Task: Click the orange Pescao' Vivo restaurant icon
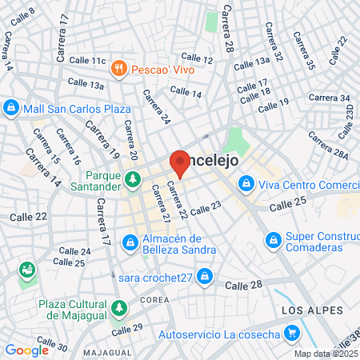[119, 68]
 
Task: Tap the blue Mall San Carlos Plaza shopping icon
[11, 107]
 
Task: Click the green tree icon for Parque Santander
[132, 182]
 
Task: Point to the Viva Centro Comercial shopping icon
[246, 185]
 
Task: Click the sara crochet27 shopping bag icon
[206, 277]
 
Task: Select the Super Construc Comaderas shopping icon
[274, 238]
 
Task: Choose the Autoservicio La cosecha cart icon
[291, 332]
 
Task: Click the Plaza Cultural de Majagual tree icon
[119, 308]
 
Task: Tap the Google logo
[26, 349]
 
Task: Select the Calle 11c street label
[87, 60]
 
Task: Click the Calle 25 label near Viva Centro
[289, 206]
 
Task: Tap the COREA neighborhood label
[154, 299]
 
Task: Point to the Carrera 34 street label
[334, 98]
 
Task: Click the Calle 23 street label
[206, 207]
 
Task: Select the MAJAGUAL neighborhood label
[106, 353]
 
